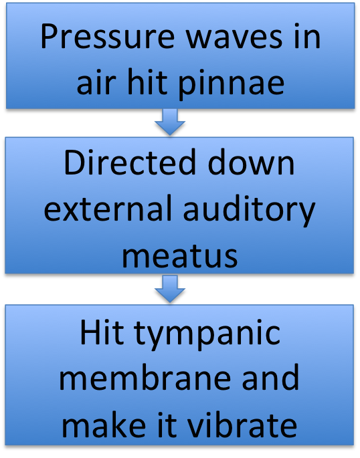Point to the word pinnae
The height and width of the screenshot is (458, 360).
coord(232,85)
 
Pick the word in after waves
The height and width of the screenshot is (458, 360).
coord(307,36)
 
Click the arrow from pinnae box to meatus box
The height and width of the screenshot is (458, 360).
coord(170,122)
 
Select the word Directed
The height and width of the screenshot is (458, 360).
coord(130,162)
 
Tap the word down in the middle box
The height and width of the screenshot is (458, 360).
coord(251,162)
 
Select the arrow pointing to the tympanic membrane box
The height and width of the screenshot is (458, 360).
coord(170,289)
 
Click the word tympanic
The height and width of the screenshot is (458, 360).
coord(207,335)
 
